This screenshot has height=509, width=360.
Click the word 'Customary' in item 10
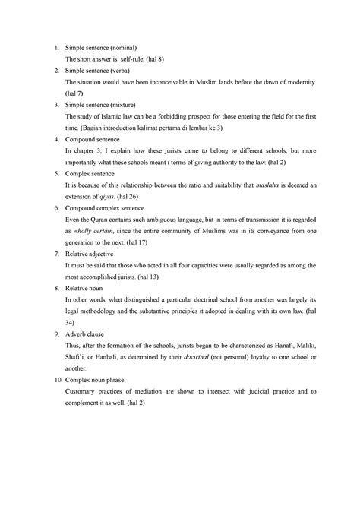[x=86, y=391]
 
